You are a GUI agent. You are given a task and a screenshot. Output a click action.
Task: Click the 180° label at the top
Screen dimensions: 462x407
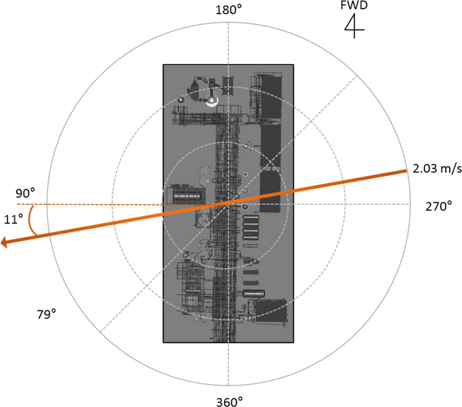[229, 10]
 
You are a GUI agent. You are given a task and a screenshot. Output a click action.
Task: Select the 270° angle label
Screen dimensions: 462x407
[439, 206]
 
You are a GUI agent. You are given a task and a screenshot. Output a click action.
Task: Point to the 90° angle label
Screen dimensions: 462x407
[25, 194]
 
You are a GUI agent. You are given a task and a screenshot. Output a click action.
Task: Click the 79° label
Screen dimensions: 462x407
[46, 314]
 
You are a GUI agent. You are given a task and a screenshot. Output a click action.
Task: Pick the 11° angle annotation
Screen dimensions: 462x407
[13, 219]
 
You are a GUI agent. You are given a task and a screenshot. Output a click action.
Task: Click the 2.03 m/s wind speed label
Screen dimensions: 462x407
[437, 168]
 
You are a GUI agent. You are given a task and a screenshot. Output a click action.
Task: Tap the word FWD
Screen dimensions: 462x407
[354, 5]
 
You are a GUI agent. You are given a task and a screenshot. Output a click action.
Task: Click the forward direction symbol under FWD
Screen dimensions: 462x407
[354, 26]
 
